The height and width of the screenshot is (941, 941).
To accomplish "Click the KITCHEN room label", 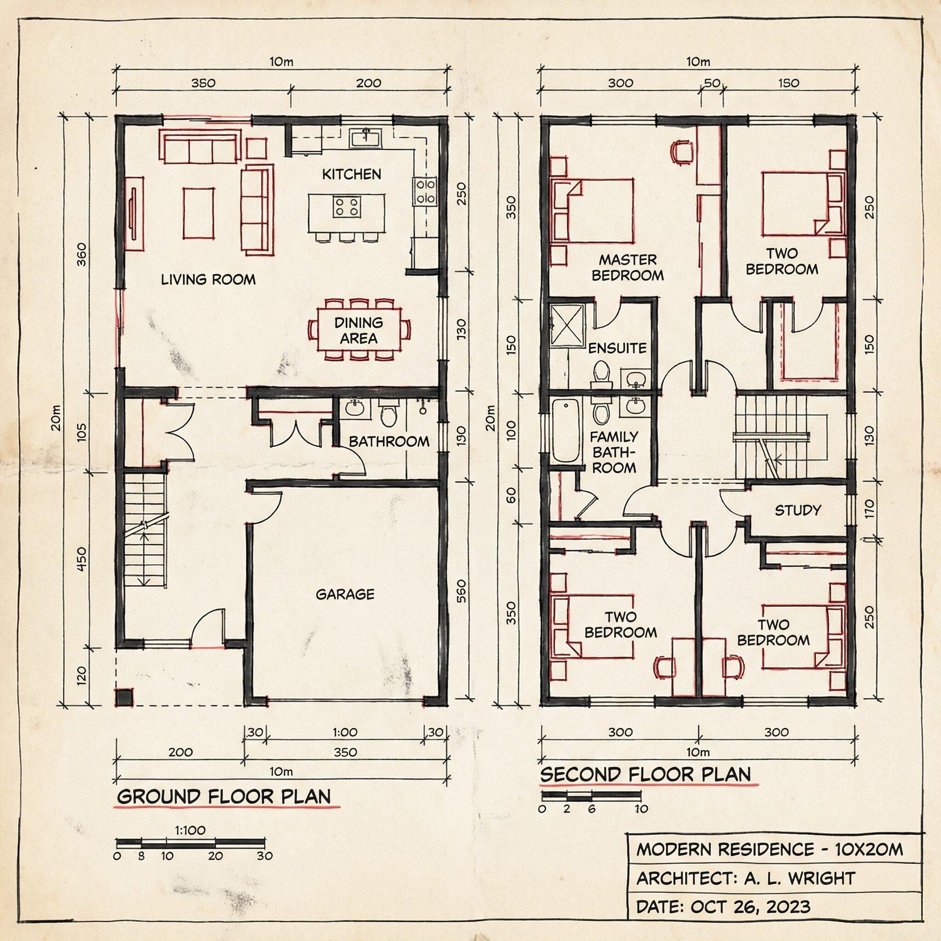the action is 351,174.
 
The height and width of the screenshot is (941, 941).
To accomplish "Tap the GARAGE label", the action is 346,594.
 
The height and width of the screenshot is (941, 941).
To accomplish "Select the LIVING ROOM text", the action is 209,279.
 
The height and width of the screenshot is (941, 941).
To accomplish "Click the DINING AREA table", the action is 359,330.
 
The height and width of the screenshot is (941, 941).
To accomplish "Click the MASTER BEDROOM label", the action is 628,267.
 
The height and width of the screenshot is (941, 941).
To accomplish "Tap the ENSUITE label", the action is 618,348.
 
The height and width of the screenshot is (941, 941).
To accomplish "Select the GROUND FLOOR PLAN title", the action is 224,797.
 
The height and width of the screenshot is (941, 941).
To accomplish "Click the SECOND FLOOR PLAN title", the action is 646,774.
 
